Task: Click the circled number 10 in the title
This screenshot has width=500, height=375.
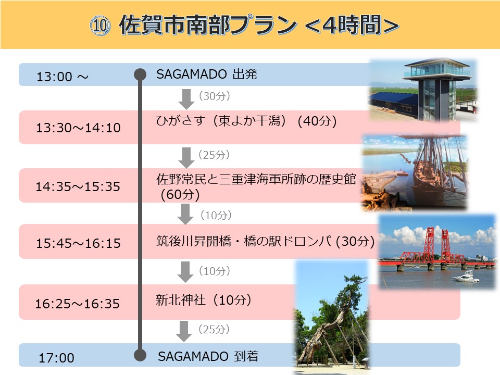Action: click(x=100, y=25)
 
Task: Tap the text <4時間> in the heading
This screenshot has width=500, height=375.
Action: click(x=352, y=25)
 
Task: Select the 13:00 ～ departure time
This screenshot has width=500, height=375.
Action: click(x=63, y=77)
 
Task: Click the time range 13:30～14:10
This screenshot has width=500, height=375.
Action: click(x=78, y=128)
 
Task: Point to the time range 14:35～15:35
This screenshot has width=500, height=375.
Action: click(x=78, y=186)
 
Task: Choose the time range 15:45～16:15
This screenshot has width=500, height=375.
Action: click(x=78, y=243)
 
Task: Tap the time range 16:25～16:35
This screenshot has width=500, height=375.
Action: click(x=77, y=304)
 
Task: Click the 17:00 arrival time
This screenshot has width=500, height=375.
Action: click(x=56, y=358)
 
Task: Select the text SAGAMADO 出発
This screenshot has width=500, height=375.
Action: click(x=207, y=74)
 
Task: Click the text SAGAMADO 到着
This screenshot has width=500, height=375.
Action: click(x=208, y=356)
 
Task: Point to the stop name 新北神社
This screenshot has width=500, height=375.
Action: click(x=181, y=300)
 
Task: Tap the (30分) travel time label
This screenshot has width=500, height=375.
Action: click(x=214, y=96)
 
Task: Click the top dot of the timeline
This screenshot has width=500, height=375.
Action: click(x=140, y=74)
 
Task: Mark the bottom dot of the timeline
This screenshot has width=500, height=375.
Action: click(x=140, y=355)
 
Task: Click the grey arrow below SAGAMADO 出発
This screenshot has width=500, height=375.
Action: click(x=186, y=99)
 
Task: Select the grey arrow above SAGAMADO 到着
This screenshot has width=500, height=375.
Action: click(x=184, y=331)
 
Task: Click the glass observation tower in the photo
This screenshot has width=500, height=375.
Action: click(x=437, y=89)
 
